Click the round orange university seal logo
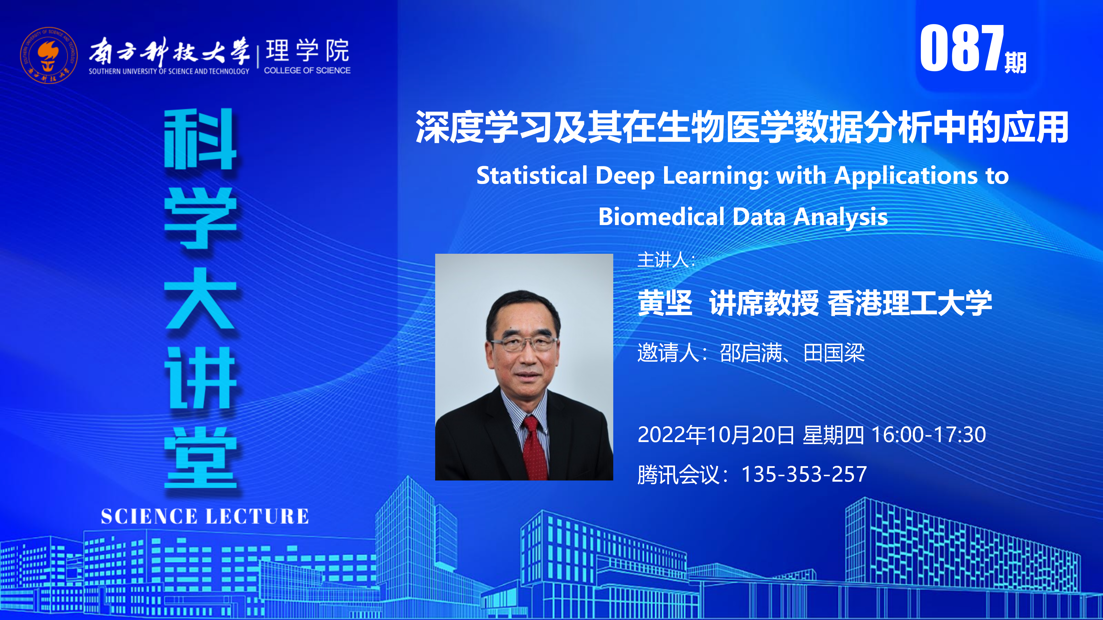pyautogui.click(x=49, y=55)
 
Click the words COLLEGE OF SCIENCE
pyautogui.click(x=307, y=70)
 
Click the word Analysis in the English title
pyautogui.click(x=840, y=217)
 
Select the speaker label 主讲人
pyautogui.click(x=663, y=260)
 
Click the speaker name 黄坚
pyautogui.click(x=665, y=303)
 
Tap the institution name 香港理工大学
pyautogui.click(x=910, y=303)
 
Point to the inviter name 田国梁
pyautogui.click(x=834, y=353)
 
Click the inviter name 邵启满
pyautogui.click(x=751, y=353)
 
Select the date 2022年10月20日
pyautogui.click(x=716, y=435)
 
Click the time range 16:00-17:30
pyautogui.click(x=929, y=435)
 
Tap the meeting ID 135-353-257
pyautogui.click(x=804, y=474)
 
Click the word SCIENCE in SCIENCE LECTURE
pyautogui.click(x=149, y=516)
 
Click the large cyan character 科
pyautogui.click(x=200, y=139)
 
